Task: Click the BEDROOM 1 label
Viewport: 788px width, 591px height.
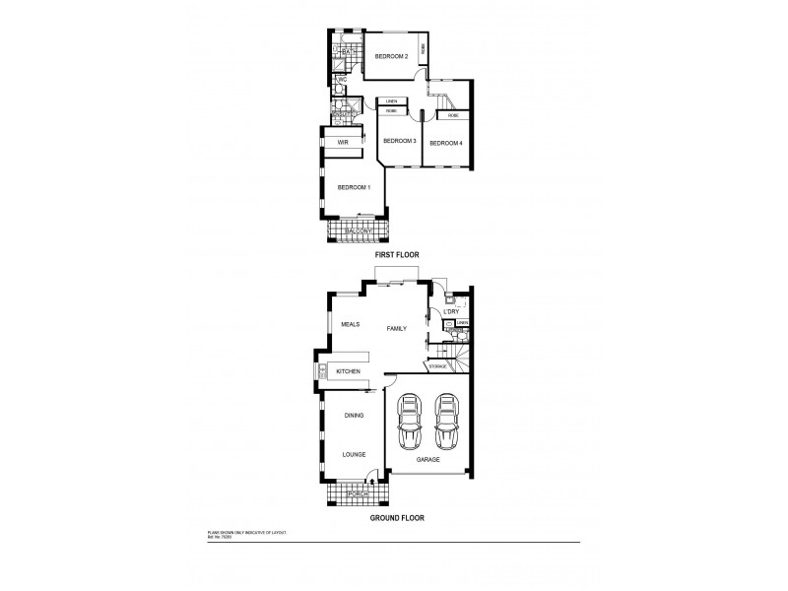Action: [354, 187]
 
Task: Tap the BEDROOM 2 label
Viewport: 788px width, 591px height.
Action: [391, 57]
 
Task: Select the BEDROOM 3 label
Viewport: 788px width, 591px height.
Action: [399, 142]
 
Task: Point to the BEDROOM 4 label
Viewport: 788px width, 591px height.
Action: [446, 144]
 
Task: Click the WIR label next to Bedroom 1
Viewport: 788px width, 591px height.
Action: [344, 143]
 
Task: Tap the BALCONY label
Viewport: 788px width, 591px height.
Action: [359, 232]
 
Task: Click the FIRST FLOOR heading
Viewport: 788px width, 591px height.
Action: [397, 255]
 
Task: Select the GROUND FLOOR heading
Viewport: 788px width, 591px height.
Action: [397, 517]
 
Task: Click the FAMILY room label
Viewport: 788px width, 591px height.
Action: [398, 330]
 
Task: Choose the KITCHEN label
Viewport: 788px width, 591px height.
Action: [350, 371]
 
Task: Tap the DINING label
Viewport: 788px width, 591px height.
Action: [354, 416]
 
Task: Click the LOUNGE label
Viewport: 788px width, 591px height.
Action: [354, 454]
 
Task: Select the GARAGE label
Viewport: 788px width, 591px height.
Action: [427, 459]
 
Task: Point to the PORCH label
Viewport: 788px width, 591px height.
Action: [357, 493]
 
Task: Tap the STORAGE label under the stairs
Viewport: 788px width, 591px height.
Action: [438, 366]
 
